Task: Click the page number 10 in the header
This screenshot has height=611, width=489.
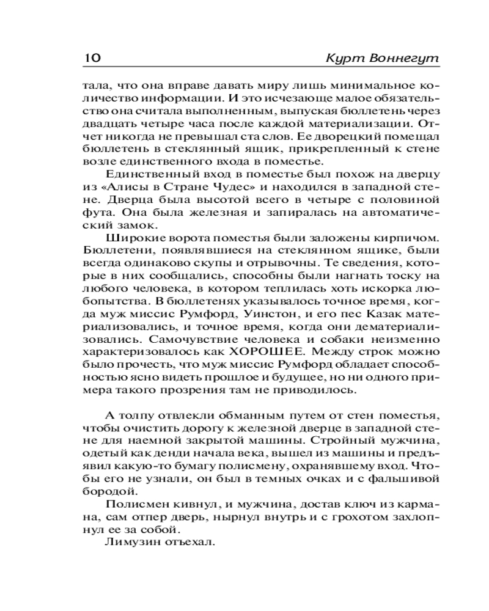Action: pos(91,59)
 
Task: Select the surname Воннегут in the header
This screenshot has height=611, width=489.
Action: pos(403,59)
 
